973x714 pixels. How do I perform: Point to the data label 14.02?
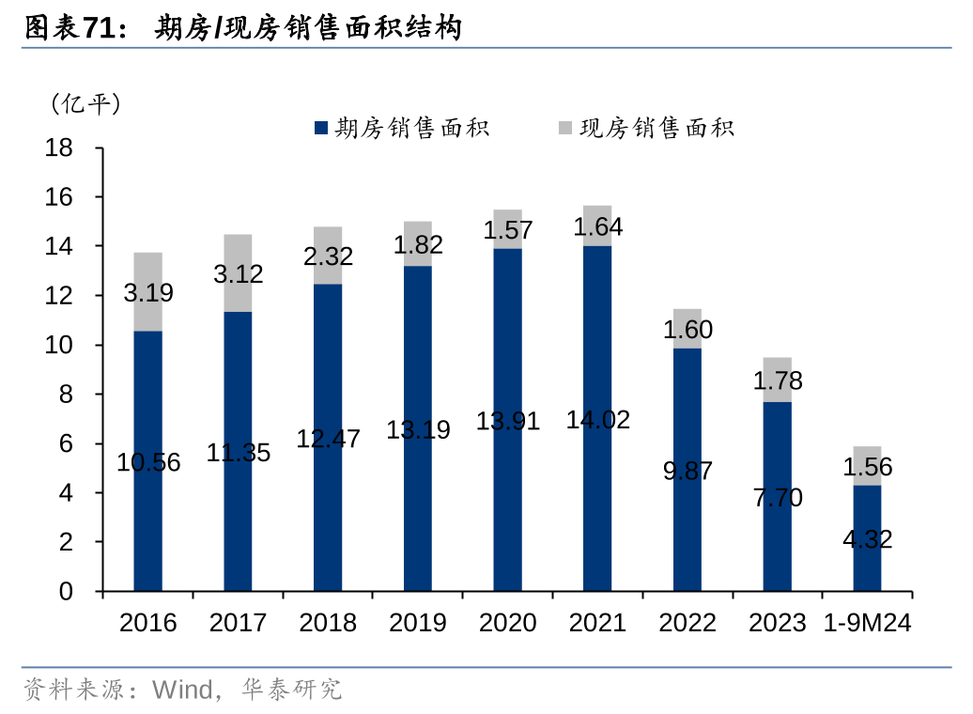[x=597, y=420]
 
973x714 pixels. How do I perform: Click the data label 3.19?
[x=148, y=292]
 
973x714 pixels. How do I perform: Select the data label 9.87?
[x=687, y=471]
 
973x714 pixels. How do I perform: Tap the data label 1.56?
[x=867, y=467]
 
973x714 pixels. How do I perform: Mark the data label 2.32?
[x=328, y=256]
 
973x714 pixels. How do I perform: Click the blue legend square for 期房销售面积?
[x=320, y=128]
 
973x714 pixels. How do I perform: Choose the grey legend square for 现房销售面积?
[x=564, y=128]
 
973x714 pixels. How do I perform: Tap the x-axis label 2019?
[x=418, y=623]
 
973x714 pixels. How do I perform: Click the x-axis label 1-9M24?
[x=867, y=623]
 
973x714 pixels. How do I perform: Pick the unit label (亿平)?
[x=85, y=103]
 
